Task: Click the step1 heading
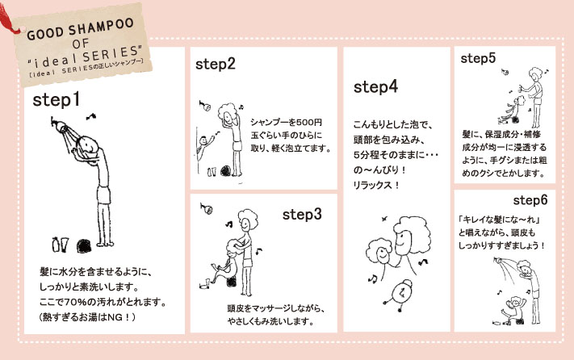(x=56, y=99)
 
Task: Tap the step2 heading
(x=216, y=64)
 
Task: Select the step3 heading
(x=302, y=215)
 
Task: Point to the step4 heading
(x=375, y=87)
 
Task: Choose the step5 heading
(x=478, y=59)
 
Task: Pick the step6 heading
(x=530, y=200)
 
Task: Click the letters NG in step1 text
(x=115, y=317)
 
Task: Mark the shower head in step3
(x=207, y=208)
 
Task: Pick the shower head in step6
(x=498, y=261)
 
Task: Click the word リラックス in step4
(x=371, y=185)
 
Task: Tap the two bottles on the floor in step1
(x=61, y=245)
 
